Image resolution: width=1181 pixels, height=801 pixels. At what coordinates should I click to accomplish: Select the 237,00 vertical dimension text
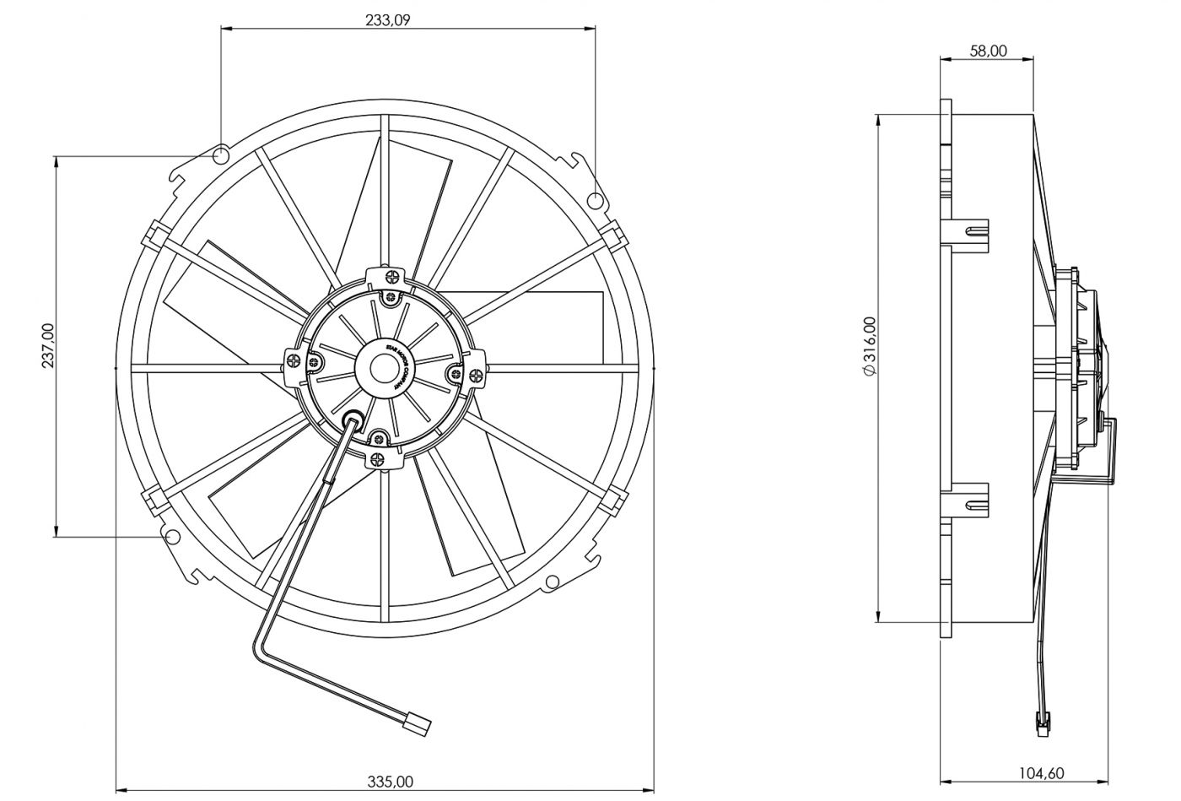click(47, 346)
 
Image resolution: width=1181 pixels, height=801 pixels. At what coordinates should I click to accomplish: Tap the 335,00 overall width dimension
click(391, 782)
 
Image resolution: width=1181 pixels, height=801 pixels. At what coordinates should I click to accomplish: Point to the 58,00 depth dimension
click(988, 51)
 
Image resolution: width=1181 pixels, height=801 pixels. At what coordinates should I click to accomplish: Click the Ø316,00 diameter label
click(868, 346)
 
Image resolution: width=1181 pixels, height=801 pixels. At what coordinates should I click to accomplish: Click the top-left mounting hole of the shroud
click(221, 155)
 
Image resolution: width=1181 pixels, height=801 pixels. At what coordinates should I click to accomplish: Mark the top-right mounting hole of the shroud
click(595, 201)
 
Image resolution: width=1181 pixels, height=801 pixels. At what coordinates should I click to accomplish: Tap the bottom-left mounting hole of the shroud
click(171, 537)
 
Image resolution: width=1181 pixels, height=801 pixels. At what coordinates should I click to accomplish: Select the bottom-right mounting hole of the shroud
click(553, 581)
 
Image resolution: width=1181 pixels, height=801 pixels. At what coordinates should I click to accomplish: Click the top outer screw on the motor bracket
click(391, 275)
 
